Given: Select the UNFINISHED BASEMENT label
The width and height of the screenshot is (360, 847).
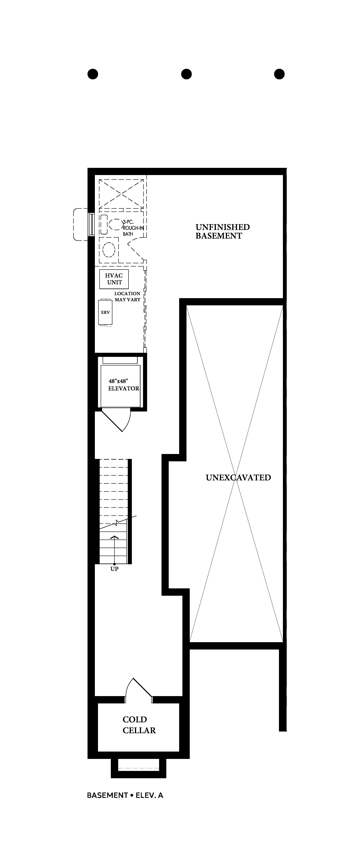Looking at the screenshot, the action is click(223, 232).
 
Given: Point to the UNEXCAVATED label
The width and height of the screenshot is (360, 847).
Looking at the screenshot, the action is click(238, 477).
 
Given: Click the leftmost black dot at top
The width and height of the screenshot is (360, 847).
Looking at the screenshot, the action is click(93, 74).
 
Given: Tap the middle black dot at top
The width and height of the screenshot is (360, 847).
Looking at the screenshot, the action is click(186, 74).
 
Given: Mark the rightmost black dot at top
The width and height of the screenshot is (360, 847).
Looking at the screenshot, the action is click(279, 74).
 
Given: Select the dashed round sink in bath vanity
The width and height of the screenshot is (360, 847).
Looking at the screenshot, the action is click(109, 250).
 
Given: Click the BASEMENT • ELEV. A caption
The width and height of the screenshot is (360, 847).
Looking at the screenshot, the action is click(125, 795).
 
